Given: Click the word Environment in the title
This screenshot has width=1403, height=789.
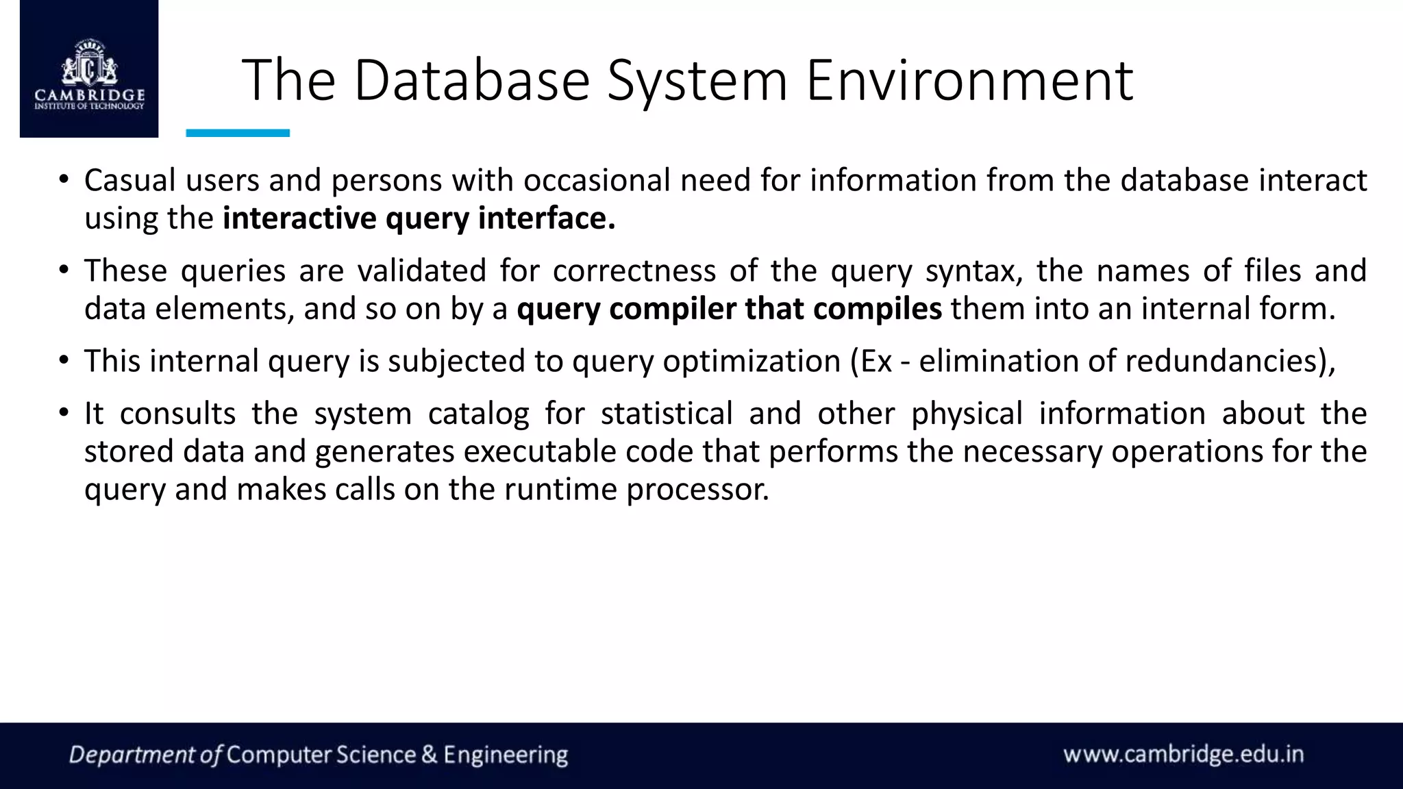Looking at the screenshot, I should point(969,80).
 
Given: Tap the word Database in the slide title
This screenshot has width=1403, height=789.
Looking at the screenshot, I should point(471,80).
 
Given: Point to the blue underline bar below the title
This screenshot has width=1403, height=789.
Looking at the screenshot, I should point(238,133).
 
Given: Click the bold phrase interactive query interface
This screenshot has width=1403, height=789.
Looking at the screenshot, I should point(419,219).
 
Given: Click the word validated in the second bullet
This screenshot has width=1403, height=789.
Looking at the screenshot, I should point(421,271).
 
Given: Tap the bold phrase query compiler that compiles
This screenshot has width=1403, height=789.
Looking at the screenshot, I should point(729,309).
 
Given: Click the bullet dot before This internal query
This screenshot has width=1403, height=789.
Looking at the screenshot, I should point(63,360).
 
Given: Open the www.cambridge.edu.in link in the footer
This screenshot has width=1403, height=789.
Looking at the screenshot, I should point(1183,755).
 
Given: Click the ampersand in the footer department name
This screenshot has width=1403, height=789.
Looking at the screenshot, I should point(429,755).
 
